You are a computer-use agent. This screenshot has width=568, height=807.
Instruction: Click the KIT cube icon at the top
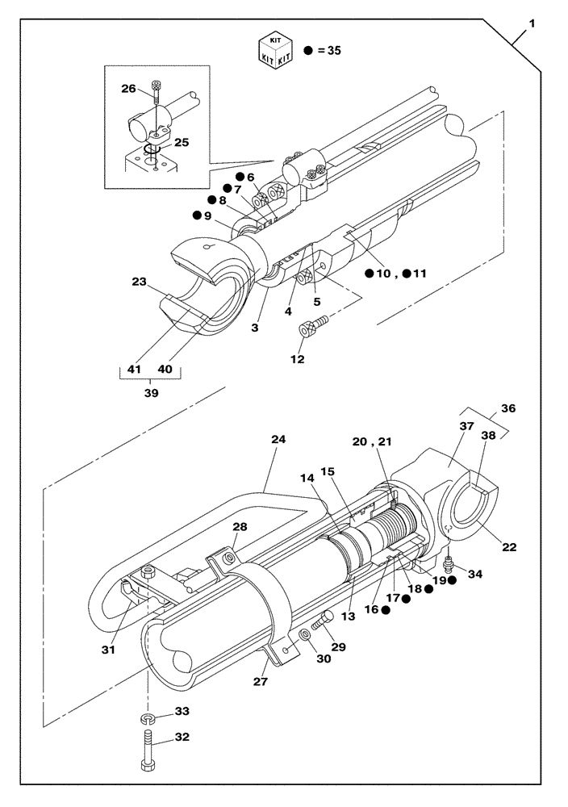[274, 50]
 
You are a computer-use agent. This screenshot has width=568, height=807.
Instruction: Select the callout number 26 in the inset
[129, 90]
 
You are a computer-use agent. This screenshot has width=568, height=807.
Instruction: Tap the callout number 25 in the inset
[182, 142]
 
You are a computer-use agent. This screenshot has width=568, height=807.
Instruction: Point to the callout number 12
[298, 359]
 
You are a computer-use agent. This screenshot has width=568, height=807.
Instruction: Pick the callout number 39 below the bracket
[150, 393]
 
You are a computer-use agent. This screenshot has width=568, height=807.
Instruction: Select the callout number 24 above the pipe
[278, 440]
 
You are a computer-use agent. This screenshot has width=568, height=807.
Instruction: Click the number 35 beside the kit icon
[332, 50]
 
